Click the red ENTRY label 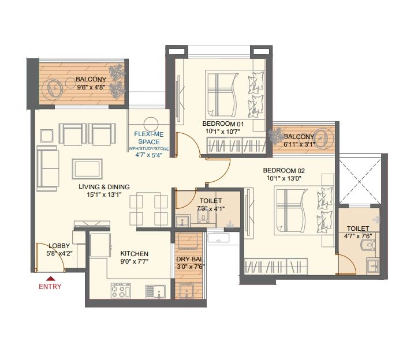50,286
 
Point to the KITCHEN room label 134,254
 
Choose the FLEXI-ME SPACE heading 148,137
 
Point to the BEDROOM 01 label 223,124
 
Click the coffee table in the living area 87,168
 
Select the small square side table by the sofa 46,136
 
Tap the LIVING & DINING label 105,187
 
